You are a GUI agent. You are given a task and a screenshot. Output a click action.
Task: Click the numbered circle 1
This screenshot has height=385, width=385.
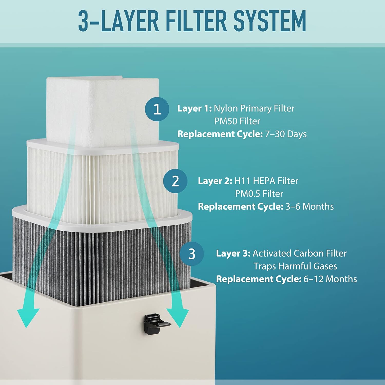pyautogui.click(x=157, y=109)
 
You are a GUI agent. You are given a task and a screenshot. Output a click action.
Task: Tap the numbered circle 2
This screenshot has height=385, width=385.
pyautogui.click(x=175, y=181)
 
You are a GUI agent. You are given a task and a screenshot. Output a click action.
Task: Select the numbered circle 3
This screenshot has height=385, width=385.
pyautogui.click(x=192, y=254)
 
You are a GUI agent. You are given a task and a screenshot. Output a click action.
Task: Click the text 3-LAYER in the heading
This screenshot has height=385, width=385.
pyautogui.click(x=119, y=21)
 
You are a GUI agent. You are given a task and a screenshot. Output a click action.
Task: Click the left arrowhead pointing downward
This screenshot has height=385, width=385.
pyautogui.click(x=28, y=317)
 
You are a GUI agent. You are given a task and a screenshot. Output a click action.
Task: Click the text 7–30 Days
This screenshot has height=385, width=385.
pyautogui.click(x=286, y=134)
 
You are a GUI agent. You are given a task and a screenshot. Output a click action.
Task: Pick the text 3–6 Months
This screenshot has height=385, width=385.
pyautogui.click(x=309, y=207)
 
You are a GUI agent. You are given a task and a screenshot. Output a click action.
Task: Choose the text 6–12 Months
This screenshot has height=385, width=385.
pyautogui.click(x=330, y=279)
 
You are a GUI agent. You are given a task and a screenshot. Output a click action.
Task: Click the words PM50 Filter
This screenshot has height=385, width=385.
pyautogui.click(x=237, y=121)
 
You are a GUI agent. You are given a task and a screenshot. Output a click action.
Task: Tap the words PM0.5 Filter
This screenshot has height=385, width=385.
pyautogui.click(x=259, y=194)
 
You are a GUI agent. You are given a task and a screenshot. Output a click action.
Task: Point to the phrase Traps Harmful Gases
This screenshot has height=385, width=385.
pyautogui.click(x=295, y=266)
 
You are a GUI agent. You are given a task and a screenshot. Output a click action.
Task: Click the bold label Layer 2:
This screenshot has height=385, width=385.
pyautogui.click(x=215, y=181)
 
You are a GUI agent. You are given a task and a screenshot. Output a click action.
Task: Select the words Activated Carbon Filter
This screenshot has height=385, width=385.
pyautogui.click(x=299, y=254)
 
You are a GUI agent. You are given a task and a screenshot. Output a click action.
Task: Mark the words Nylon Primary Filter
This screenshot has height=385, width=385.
pyautogui.click(x=254, y=108)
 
